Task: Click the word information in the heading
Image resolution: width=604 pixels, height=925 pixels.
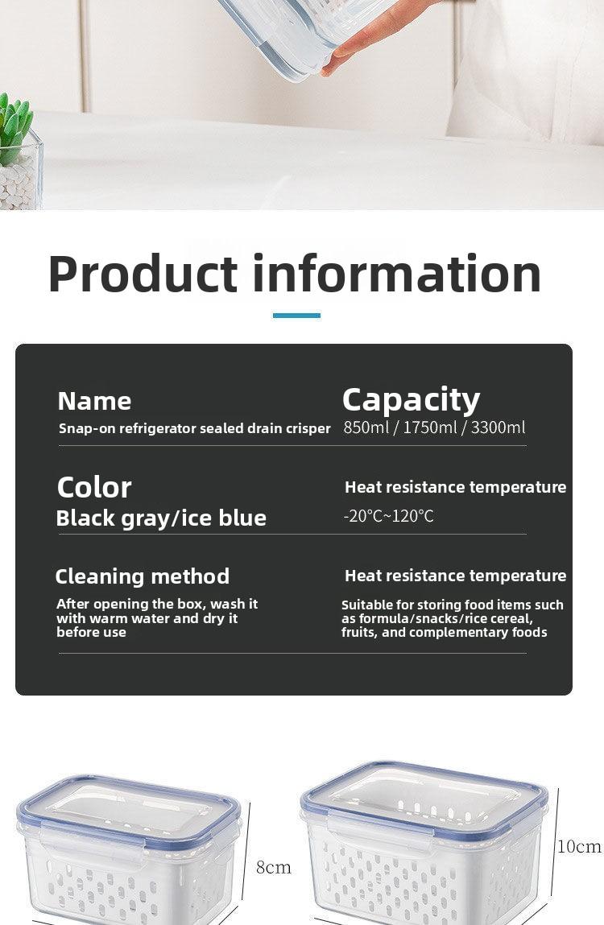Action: coord(397,273)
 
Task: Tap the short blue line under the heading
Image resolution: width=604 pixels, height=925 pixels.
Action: coord(296,316)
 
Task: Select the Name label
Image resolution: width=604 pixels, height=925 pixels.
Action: coord(94,401)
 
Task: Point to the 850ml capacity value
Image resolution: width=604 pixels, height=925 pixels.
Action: coord(366,427)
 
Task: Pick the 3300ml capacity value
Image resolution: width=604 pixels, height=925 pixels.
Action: coord(498,427)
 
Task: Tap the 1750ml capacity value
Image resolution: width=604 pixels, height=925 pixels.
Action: coord(430,427)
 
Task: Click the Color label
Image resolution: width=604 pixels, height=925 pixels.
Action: coord(94,487)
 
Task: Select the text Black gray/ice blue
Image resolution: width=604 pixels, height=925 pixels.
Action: coord(161,518)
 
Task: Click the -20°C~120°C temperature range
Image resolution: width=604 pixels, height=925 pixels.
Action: coord(388,516)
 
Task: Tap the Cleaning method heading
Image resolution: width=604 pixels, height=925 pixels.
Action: coord(143,576)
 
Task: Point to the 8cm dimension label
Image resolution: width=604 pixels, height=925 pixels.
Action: coord(273,867)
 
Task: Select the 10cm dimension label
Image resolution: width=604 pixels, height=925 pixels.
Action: coord(579,847)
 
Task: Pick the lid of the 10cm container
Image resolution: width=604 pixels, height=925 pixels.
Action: coord(424,795)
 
